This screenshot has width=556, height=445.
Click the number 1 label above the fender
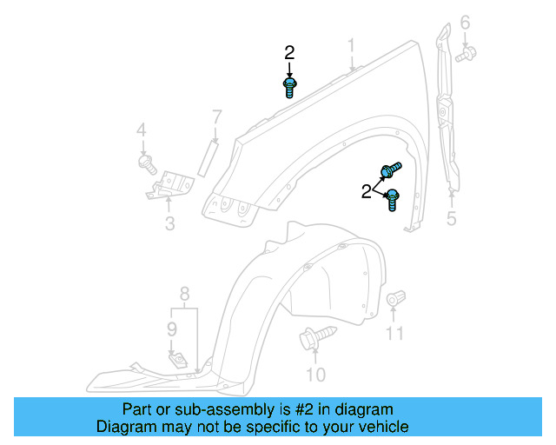[x=352, y=45]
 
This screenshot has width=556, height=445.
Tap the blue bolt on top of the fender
[x=289, y=87]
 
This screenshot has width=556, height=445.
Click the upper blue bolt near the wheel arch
[x=391, y=169]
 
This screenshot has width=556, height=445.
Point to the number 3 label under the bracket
[x=169, y=224]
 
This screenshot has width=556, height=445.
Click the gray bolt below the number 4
[x=146, y=162]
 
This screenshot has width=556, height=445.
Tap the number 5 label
[x=451, y=218]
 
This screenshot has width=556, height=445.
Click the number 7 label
[x=216, y=116]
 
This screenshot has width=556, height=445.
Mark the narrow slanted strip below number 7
[x=207, y=159]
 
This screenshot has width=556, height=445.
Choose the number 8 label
[x=184, y=294]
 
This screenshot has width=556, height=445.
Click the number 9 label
[x=172, y=329]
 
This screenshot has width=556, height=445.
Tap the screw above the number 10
[x=315, y=336]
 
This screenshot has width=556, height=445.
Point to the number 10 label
[x=315, y=375]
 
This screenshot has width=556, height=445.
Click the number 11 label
[x=395, y=333]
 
